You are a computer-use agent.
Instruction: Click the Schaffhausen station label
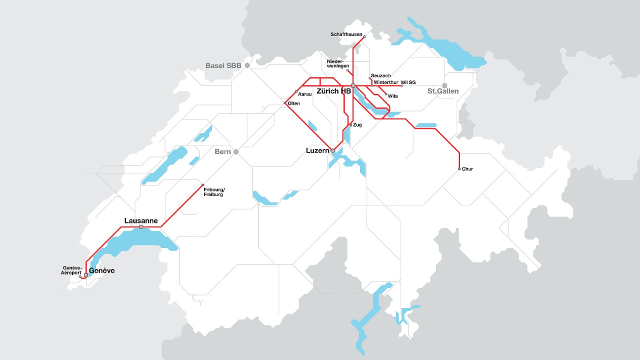tap(346, 34)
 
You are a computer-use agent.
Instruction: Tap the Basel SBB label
tap(223, 65)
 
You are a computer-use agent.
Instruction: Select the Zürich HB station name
tap(333, 91)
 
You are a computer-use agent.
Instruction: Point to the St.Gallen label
tap(442, 91)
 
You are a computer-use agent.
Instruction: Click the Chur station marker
tap(459, 169)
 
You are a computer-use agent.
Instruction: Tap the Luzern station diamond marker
tap(332, 150)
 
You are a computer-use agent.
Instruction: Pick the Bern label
tap(222, 151)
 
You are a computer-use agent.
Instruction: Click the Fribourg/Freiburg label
tap(214, 191)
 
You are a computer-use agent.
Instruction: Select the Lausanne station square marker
tap(141, 227)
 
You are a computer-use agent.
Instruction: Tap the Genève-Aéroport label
tap(72, 270)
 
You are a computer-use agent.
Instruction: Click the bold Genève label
tap(101, 270)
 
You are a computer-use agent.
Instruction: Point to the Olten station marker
tap(285, 103)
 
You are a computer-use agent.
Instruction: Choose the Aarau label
tap(304, 93)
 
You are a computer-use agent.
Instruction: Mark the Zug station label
tap(357, 124)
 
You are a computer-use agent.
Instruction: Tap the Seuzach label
tap(380, 75)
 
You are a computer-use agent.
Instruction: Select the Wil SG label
tap(408, 82)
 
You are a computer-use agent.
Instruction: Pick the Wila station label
tap(392, 96)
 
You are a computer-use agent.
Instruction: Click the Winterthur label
tap(386, 82)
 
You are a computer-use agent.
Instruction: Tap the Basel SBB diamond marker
tap(247, 65)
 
